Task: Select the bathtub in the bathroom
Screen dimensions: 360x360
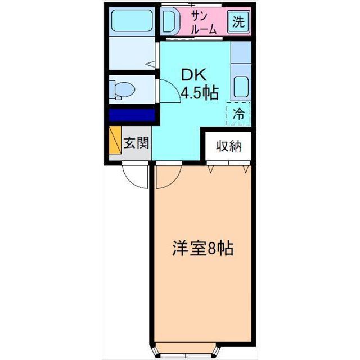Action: click(132, 22)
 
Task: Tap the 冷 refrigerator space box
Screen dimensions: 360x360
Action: click(238, 114)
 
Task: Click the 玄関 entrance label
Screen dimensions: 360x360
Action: click(136, 143)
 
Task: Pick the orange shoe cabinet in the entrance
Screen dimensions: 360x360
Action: click(115, 142)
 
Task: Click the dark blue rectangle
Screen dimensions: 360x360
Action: click(132, 115)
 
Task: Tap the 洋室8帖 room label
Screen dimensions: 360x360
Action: click(203, 249)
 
